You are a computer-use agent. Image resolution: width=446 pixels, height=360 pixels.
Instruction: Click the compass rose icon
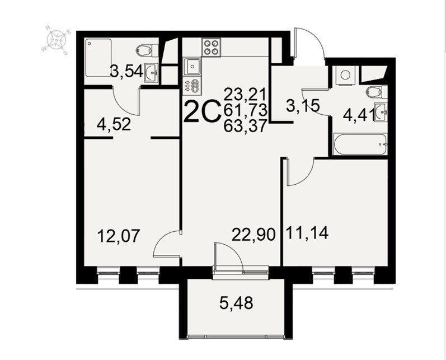click(57, 40)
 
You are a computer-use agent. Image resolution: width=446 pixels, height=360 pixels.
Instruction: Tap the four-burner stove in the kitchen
click(212, 47)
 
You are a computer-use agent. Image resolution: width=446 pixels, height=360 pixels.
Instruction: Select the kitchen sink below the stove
click(193, 67)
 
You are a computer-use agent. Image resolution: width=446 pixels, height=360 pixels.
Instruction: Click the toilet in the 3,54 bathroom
click(147, 50)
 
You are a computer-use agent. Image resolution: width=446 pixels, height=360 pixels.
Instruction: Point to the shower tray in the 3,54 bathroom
click(98, 58)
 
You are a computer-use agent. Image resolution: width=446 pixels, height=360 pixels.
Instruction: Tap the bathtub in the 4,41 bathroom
click(360, 144)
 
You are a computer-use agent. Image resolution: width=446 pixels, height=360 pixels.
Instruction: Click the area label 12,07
click(119, 236)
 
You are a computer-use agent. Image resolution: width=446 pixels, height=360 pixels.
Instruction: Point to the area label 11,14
click(307, 232)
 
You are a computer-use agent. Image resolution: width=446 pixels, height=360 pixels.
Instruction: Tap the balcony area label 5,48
click(236, 303)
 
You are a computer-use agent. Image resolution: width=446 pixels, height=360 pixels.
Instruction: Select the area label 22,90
click(253, 235)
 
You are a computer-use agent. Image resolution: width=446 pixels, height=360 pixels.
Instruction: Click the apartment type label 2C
click(203, 111)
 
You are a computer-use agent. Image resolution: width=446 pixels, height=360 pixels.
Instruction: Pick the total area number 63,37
click(246, 126)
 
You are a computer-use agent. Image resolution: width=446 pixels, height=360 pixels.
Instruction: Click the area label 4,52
click(114, 124)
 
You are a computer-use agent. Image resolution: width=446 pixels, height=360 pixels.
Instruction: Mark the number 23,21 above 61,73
click(245, 94)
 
